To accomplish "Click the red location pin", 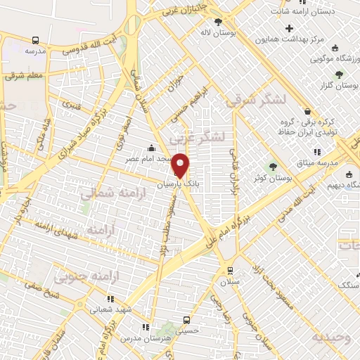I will pyautogui.click(x=181, y=165).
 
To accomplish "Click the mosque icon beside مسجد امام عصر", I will pyautogui.click(x=152, y=148).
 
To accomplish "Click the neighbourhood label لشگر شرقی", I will pyautogui.click(x=257, y=101).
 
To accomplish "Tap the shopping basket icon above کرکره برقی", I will pyautogui.click(x=307, y=111).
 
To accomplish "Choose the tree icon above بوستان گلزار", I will pyautogui.click(x=340, y=74).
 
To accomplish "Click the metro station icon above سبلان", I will pyautogui.click(x=229, y=271).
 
